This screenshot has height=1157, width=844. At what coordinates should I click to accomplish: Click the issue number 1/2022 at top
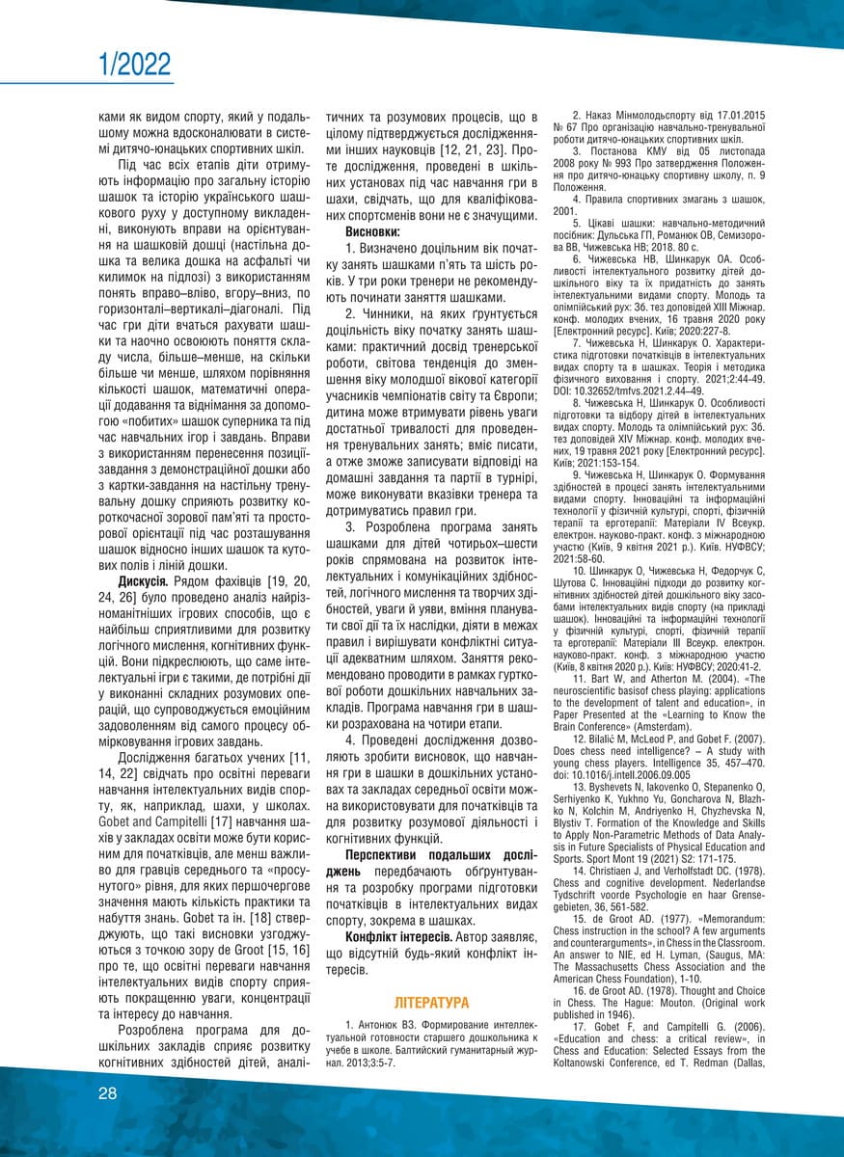click(135, 66)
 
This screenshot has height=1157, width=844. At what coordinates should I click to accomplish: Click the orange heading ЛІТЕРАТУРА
click(431, 1003)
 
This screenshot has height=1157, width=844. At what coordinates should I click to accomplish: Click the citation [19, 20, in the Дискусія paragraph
click(279, 581)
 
